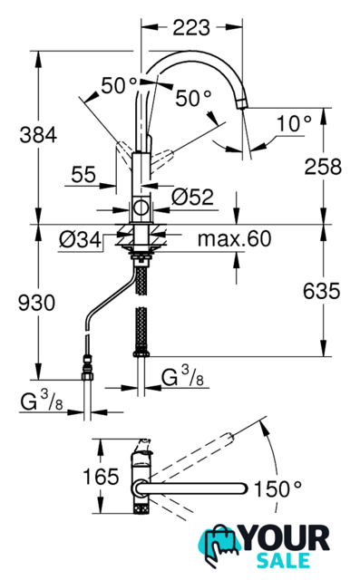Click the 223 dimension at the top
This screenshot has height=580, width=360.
tap(191, 27)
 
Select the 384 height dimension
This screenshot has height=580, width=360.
tap(38, 135)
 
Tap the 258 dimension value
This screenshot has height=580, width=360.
tap(323, 167)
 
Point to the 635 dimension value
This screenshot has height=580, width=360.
tap(321, 291)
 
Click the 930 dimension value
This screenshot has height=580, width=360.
tap(36, 303)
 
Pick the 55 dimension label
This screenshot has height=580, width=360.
tap(83, 174)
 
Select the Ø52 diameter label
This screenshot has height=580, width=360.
tap(193, 198)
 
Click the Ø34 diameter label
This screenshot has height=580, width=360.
tap(80, 240)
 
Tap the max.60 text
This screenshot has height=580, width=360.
tap(234, 239)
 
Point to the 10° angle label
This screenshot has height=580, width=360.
tap(294, 123)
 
